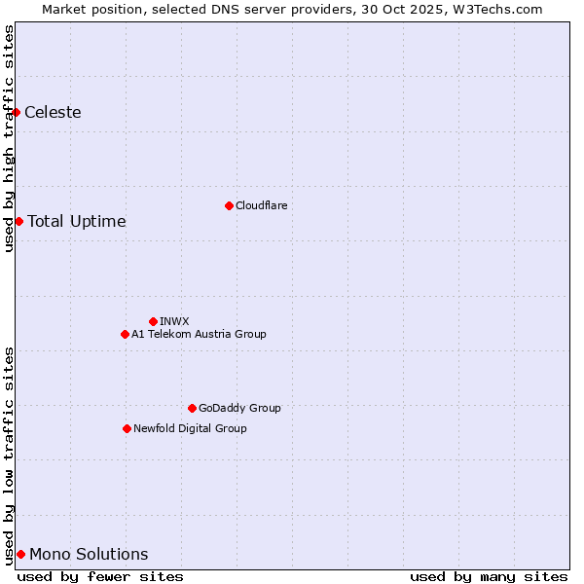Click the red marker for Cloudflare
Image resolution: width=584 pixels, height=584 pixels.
[229, 205]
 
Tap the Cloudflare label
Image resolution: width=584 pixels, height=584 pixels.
[261, 205]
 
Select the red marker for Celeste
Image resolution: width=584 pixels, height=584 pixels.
[17, 112]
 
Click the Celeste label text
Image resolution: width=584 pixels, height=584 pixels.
[53, 113]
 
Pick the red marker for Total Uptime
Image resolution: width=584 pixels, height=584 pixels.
[18, 221]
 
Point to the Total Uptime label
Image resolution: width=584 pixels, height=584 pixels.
[77, 222]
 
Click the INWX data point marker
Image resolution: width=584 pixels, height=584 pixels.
[153, 321]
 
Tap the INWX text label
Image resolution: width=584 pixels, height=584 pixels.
[174, 321]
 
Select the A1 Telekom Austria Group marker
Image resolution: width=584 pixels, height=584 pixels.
[125, 334]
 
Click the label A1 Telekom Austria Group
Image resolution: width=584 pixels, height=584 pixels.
[199, 334]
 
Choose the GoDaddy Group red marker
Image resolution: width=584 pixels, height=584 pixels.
[192, 408]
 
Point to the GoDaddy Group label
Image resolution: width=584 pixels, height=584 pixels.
[239, 408]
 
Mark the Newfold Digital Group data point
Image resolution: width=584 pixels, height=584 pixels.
[127, 428]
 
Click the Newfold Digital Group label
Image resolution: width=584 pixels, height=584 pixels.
[190, 428]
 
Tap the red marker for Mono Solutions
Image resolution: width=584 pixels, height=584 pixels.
[20, 554]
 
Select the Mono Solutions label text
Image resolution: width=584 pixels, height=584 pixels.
[89, 555]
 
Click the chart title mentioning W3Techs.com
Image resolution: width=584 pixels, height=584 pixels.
[292, 9]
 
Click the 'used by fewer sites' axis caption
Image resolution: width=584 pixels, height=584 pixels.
[100, 576]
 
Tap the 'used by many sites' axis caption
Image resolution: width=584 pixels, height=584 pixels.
[489, 576]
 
